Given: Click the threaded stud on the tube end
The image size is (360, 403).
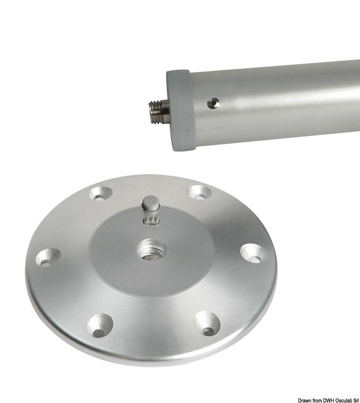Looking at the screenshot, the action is tap(159, 112).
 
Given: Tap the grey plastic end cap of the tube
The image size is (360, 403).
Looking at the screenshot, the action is tap(179, 110).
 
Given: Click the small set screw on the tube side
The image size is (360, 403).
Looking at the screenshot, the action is tap(213, 103).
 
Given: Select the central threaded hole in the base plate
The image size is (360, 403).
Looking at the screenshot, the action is tap(152, 249).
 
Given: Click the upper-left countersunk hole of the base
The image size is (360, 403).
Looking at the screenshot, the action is tap(101, 193).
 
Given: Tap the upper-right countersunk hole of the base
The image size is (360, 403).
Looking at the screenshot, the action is tap(199, 192).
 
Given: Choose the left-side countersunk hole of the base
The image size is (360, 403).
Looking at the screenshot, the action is tap(48, 257).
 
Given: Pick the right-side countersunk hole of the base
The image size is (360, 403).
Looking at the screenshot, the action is tap(253, 253).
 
